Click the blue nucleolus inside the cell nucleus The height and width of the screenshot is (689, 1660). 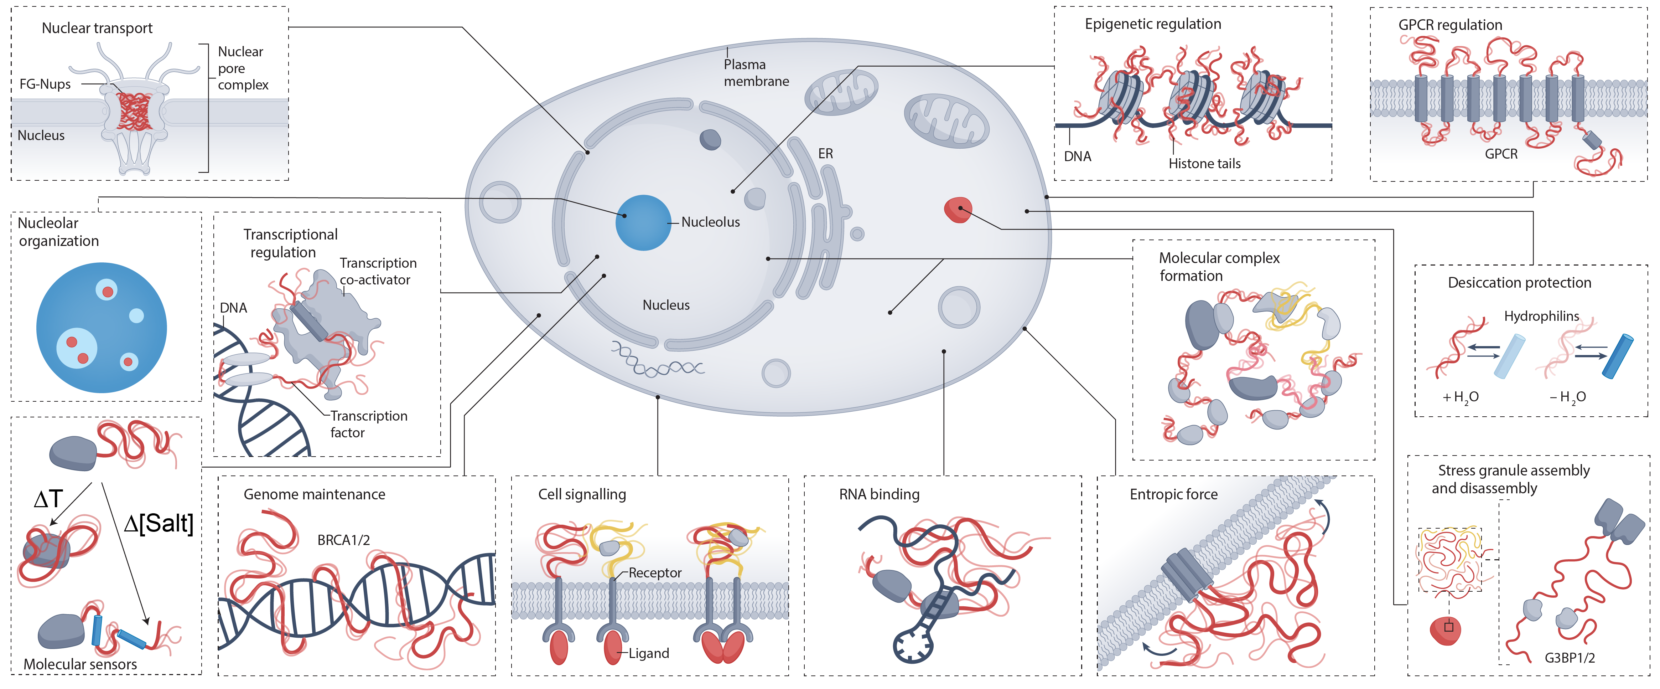pyautogui.click(x=643, y=222)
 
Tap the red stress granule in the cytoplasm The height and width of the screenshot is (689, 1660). pyautogui.click(x=958, y=210)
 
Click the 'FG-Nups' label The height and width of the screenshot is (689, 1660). pyautogui.click(x=45, y=84)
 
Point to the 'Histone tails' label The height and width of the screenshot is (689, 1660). pyautogui.click(x=1204, y=164)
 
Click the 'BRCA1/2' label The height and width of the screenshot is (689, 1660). pyautogui.click(x=343, y=540)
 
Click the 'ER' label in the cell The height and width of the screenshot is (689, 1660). pyautogui.click(x=825, y=154)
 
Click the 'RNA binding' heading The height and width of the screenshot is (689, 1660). pyautogui.click(x=878, y=494)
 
